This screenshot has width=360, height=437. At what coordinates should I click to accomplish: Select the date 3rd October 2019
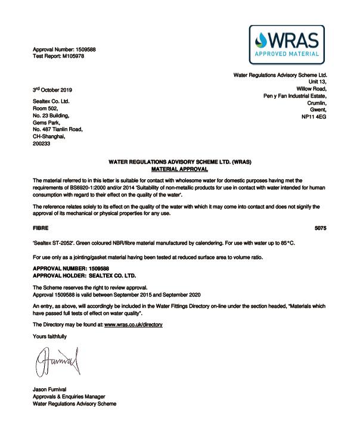(52, 90)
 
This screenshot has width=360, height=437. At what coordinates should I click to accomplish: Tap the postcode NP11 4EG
(314, 117)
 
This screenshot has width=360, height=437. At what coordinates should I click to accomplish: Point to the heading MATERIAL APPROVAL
(179, 169)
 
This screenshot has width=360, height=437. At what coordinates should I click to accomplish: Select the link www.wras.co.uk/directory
(133, 324)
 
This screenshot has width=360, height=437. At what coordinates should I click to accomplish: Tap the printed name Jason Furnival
(52, 389)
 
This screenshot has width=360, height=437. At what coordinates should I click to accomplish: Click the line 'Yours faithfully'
(49, 336)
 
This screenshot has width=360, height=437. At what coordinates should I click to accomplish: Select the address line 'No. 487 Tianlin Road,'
(57, 129)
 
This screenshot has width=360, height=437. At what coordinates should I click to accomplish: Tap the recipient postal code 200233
(41, 143)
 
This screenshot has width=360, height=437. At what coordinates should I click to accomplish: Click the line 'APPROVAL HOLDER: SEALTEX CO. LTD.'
(84, 276)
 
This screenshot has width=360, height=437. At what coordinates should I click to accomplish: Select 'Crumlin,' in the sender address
(315, 103)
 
